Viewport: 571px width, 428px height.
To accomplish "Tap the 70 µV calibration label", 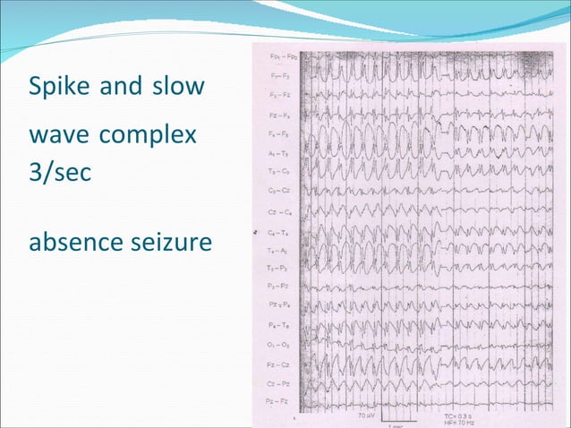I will coord(366,415).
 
